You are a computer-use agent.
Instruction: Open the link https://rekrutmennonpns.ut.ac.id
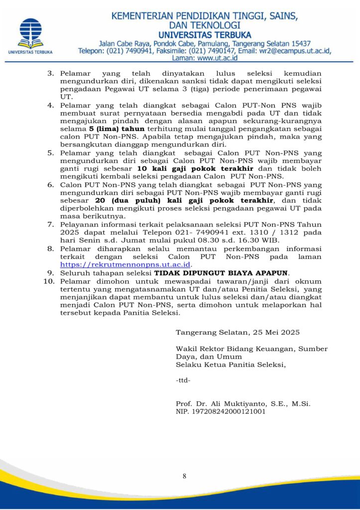[x=125, y=264]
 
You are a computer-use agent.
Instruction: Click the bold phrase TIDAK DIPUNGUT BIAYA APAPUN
[x=221, y=272]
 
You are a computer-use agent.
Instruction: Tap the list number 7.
[x=50, y=225]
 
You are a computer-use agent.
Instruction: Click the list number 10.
[x=48, y=281]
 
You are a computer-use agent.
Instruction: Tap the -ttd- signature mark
[x=183, y=381]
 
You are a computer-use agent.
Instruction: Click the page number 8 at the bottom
[x=184, y=476]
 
